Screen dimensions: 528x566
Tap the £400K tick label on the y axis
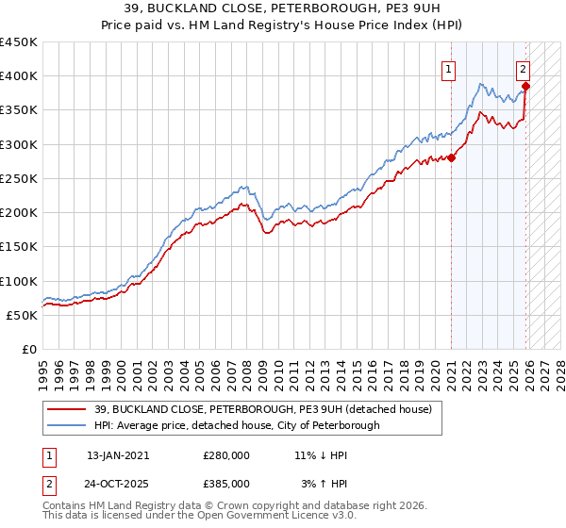19,76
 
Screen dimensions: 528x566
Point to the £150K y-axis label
19,247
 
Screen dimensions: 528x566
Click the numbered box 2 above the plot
523,68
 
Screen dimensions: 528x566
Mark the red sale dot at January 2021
451,157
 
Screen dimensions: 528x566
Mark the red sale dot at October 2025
526,86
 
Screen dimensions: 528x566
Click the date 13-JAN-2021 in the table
118,455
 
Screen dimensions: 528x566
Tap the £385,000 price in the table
226,483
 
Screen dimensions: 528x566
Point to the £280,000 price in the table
226,455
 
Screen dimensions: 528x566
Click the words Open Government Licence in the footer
227,518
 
